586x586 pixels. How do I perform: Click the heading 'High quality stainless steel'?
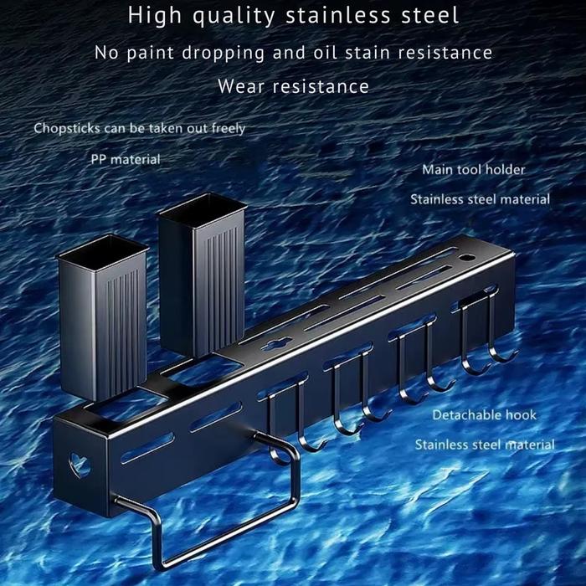pos(293,15)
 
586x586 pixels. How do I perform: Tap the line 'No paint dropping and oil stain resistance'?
pos(293,52)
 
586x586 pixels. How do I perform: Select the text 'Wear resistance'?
pos(293,85)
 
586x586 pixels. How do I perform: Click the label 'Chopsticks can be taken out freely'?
pos(139,128)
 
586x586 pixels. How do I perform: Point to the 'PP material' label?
pos(126,158)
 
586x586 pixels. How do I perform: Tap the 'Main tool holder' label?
pos(473,169)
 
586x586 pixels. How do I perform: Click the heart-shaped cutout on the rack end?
pos(80,464)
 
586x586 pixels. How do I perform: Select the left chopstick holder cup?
pos(102,314)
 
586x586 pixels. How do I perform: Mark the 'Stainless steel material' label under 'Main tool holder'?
pos(480,199)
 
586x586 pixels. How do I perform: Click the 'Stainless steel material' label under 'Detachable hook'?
pos(485,445)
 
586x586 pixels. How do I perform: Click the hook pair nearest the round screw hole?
pos(481,335)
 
